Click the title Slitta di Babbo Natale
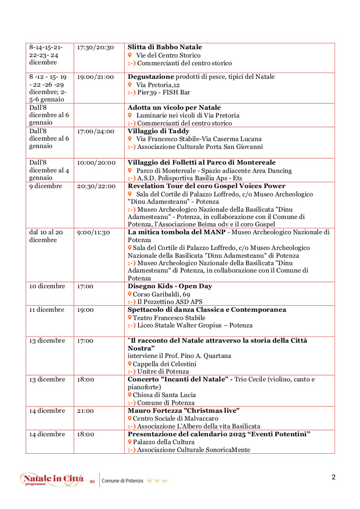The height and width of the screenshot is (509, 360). (165, 47)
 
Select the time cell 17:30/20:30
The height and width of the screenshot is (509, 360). (95, 47)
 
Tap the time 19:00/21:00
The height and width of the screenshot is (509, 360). (95, 77)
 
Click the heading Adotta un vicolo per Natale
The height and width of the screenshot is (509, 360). (174, 107)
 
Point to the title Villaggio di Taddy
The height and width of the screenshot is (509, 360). (158, 131)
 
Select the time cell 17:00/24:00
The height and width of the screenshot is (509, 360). (95, 131)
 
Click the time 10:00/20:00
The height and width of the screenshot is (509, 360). (95, 163)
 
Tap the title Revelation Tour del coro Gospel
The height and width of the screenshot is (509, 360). (207, 186)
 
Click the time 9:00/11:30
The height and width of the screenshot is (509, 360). (93, 232)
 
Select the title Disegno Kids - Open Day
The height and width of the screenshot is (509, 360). (170, 286)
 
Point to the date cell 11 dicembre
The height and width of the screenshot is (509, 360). (47, 310)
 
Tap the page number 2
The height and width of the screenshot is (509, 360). (333, 478)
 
